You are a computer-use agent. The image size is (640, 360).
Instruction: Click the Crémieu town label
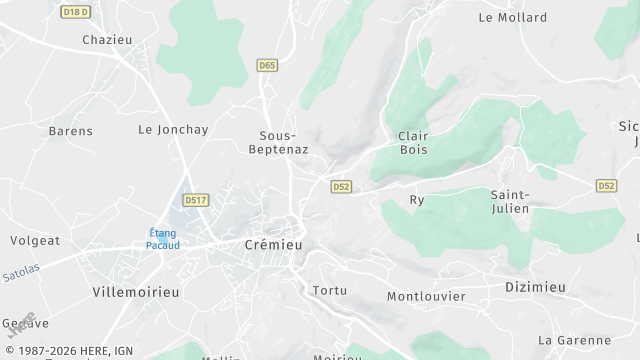pyautogui.click(x=273, y=244)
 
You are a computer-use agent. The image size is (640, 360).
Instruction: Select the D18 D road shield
pyautogui.click(x=75, y=12)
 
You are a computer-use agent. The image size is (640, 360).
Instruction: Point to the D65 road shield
pyautogui.click(x=266, y=66)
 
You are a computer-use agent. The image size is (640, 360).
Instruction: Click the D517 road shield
pyautogui.click(x=196, y=200)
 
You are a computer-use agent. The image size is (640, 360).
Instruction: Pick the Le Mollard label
pyautogui.click(x=513, y=17)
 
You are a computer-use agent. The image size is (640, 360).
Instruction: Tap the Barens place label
pyautogui.click(x=70, y=131)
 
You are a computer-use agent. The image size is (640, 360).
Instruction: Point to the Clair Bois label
pyautogui.click(x=412, y=142)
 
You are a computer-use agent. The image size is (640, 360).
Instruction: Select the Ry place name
pyautogui.click(x=417, y=200)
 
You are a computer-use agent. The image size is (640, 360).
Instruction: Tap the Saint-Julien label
pyautogui.click(x=510, y=201)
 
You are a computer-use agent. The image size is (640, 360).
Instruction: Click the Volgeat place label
pyautogui.click(x=35, y=240)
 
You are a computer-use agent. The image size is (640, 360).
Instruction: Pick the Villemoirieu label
pyautogui.click(x=135, y=292)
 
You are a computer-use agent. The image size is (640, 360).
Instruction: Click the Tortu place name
pyautogui.click(x=330, y=291)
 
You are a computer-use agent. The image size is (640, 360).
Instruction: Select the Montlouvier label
pyautogui.click(x=426, y=296)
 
